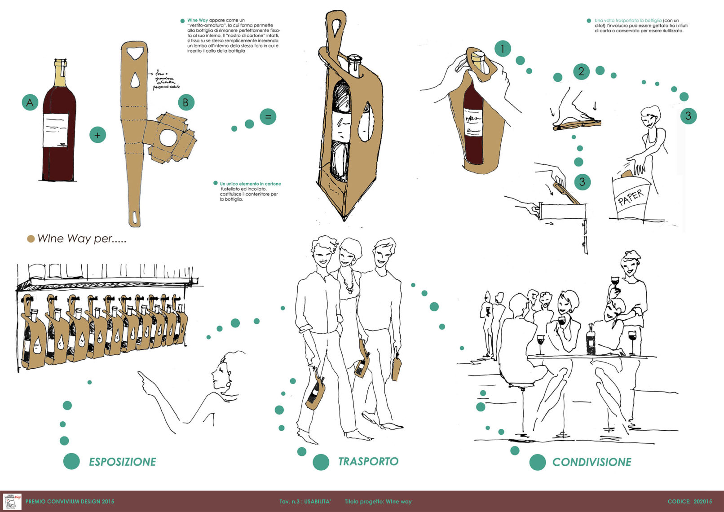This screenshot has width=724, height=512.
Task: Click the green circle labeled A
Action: pos(30,102)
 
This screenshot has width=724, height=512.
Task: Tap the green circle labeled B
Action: pos(186,102)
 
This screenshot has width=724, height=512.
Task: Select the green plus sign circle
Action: pos(97,135)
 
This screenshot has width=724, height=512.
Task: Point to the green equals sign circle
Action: pos(268,117)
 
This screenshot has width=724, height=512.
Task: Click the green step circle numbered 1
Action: pos(503,49)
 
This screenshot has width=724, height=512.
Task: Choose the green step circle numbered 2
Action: pos(581,71)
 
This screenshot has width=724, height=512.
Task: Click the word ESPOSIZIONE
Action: pos(122,462)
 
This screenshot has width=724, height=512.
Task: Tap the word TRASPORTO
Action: pos(368,461)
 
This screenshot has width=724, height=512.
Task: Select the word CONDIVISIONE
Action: pos(592,462)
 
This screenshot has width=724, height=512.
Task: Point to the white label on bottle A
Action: pos(56,130)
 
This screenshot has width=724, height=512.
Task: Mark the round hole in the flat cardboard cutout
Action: pos(168,138)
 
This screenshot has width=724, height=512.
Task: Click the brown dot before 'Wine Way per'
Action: pos(31,239)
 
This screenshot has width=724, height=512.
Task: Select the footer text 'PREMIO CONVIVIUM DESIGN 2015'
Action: pos(70,501)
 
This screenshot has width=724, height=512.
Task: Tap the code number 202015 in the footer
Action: pos(702,501)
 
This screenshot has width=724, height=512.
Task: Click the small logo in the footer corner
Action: pos(12,501)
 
